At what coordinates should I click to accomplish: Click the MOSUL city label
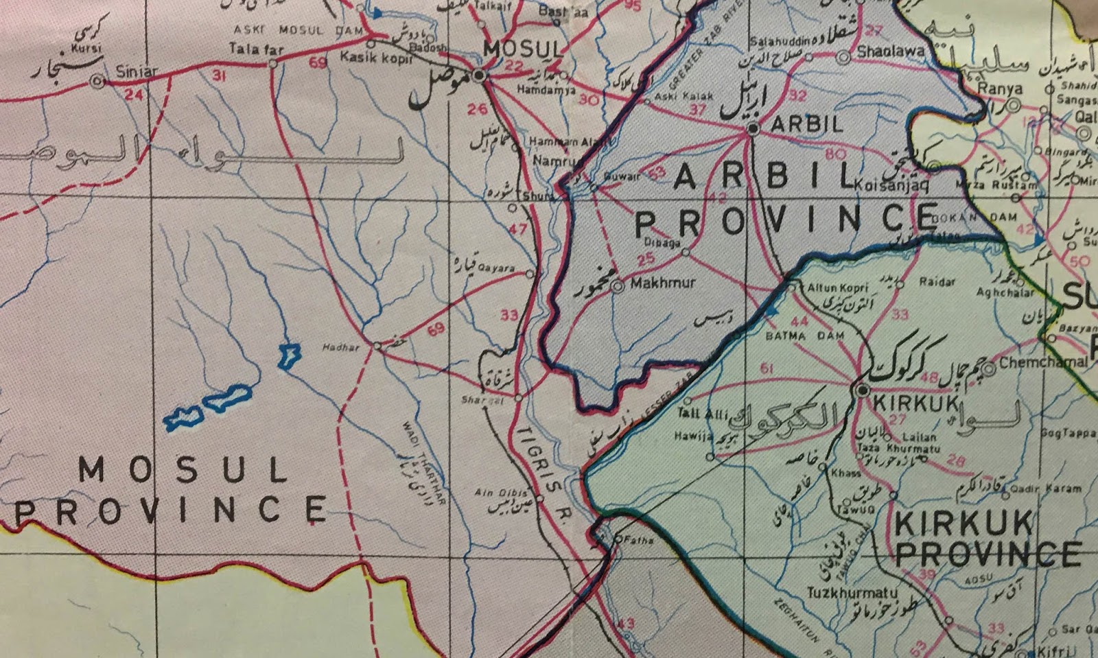point(523,49)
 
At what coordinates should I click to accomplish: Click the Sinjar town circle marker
point(98,82)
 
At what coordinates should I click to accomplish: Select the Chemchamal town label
point(1043,362)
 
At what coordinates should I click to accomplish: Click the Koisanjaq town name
point(891,185)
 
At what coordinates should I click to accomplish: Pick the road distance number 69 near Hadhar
point(436,330)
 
